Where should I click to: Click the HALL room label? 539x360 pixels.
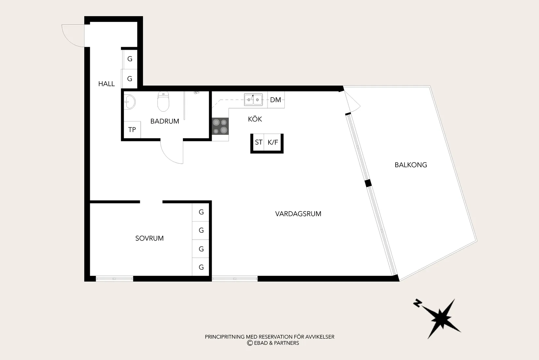(x=106, y=84)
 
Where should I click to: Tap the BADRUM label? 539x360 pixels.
(x=165, y=121)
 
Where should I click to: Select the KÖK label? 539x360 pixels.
(x=255, y=119)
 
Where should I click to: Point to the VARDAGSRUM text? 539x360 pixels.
(x=298, y=214)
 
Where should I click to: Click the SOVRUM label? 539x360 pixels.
(x=149, y=238)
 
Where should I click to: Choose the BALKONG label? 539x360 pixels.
(x=411, y=165)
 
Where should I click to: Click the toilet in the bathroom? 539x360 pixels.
(x=163, y=101)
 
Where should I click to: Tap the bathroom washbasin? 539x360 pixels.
(x=129, y=102)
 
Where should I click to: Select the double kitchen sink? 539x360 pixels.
(x=253, y=99)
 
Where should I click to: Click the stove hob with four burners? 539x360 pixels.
(x=220, y=126)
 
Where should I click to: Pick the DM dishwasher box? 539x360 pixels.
(x=276, y=99)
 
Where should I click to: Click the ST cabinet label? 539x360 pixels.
(x=258, y=142)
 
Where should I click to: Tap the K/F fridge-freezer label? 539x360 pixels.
(x=273, y=142)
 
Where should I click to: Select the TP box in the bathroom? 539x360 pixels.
(x=132, y=130)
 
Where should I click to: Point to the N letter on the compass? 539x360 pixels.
(x=417, y=303)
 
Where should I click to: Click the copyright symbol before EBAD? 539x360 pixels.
(x=250, y=343)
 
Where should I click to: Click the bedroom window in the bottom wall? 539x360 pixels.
(x=114, y=279)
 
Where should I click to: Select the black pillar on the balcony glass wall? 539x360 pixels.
(x=368, y=183)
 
